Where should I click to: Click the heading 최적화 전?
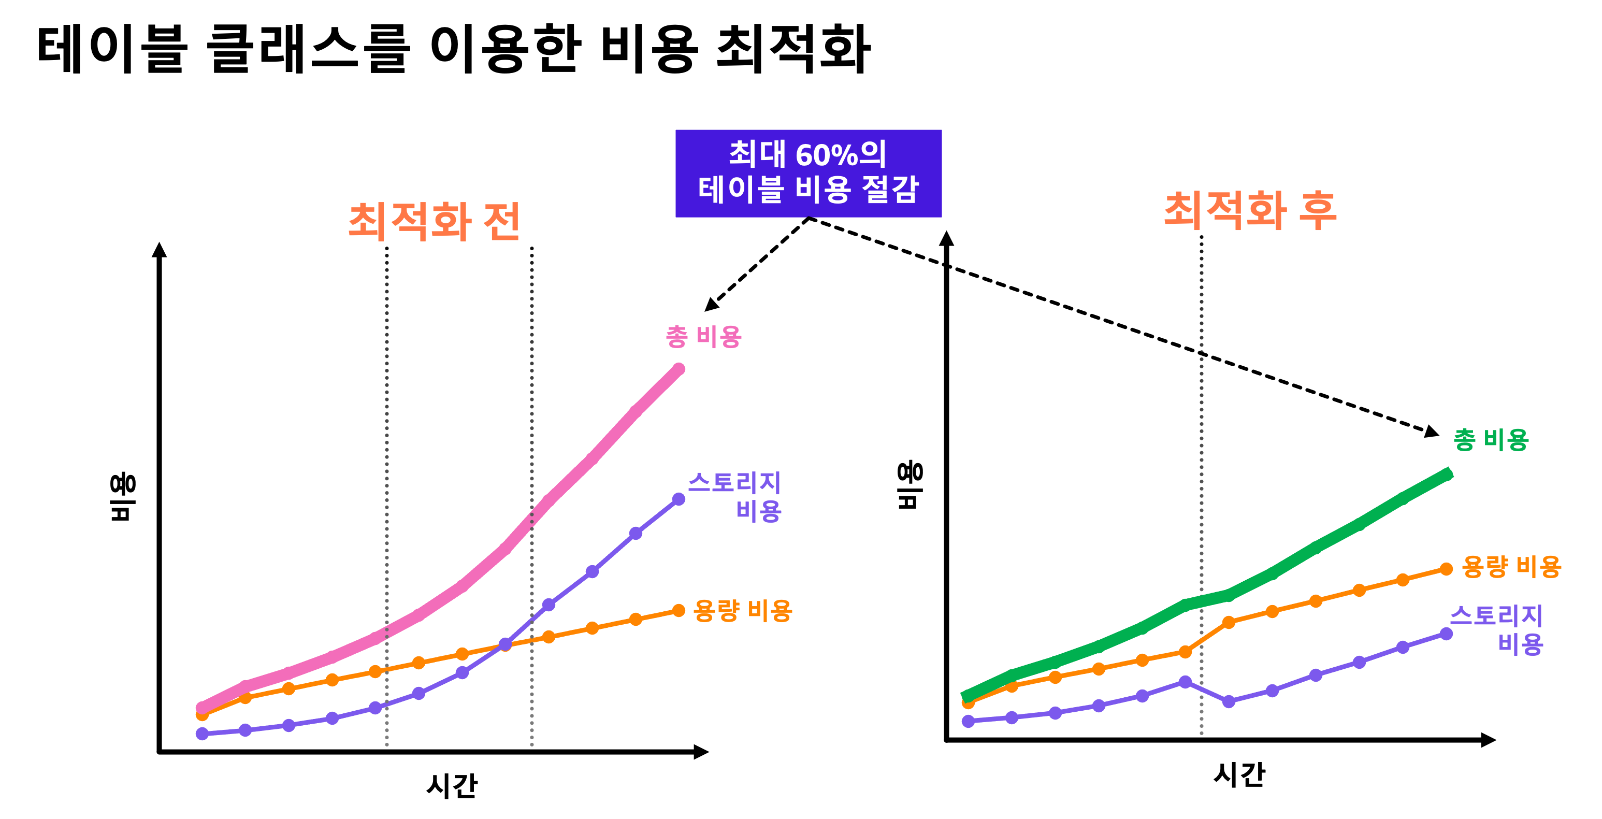click(434, 221)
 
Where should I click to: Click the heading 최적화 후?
click(1250, 211)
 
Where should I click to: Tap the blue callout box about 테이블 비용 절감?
click(809, 174)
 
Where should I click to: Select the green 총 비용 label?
click(1491, 440)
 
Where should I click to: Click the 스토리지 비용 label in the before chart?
click(734, 496)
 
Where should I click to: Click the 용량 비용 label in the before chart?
click(743, 611)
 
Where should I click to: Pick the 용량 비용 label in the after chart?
click(1512, 567)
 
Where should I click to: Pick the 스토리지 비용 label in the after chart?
click(1497, 629)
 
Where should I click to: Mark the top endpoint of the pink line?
click(679, 369)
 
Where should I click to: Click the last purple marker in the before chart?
click(679, 499)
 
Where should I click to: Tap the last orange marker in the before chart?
click(679, 611)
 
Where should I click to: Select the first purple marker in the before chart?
click(202, 734)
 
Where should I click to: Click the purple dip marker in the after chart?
click(1229, 701)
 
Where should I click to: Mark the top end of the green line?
click(1448, 474)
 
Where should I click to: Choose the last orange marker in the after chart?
click(1447, 569)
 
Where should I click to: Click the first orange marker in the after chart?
click(968, 703)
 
